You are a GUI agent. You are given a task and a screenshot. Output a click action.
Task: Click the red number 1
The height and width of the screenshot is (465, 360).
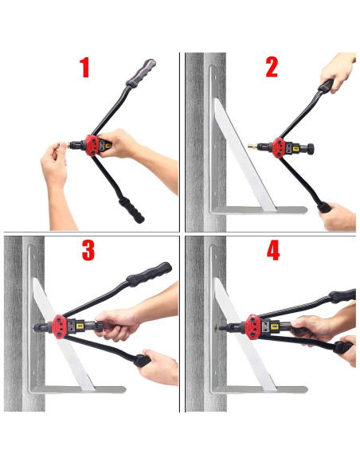[x=84, y=68]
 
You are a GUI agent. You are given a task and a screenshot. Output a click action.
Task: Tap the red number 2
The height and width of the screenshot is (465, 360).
[x=272, y=68]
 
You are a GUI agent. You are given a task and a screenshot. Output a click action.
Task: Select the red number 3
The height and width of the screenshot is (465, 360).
[x=88, y=251]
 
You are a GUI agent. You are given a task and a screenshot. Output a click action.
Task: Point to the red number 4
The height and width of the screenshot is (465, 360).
[x=273, y=251]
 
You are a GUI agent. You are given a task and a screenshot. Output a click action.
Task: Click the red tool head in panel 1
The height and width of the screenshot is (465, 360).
[x=92, y=145]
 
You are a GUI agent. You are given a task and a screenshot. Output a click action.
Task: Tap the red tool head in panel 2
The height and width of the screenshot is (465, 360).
[x=279, y=147]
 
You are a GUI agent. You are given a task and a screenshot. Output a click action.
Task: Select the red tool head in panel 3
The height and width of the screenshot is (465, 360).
[x=59, y=326]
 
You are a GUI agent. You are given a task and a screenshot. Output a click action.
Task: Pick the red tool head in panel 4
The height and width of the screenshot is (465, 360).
[x=253, y=326]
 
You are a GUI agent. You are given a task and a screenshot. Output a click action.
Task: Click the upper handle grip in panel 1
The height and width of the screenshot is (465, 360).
[x=141, y=73]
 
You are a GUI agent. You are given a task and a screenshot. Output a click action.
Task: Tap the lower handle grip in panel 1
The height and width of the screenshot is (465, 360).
[x=131, y=210]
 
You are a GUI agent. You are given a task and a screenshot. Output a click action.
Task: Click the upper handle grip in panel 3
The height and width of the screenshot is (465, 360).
[x=149, y=275]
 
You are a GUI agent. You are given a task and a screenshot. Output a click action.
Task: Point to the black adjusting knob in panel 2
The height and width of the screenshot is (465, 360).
[x=310, y=149]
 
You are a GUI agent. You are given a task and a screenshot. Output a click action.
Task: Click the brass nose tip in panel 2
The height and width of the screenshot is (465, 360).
[x=252, y=147]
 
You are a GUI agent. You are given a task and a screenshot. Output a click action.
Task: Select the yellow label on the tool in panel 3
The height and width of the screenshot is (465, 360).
[x=80, y=326]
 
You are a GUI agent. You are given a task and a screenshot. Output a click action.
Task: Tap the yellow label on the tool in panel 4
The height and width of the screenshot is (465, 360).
[x=275, y=326]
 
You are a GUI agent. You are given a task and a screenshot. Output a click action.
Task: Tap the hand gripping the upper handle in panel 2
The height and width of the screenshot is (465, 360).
[x=338, y=71]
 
